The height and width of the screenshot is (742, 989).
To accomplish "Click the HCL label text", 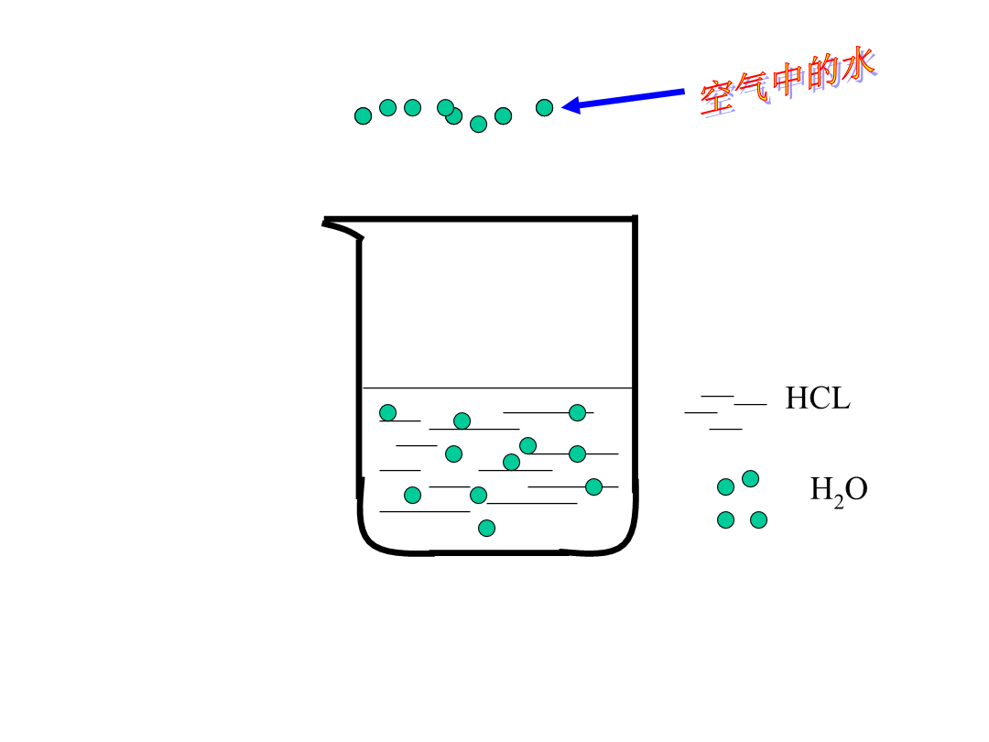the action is point(818,398).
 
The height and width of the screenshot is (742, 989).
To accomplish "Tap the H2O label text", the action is point(839,491).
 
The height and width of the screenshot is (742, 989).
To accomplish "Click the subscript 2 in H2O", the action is point(838,502).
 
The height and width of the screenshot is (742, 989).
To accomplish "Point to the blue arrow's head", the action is point(571,104).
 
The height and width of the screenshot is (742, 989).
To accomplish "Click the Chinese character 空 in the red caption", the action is point(718,98).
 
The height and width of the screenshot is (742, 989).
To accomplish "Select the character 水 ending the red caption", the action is point(857,64).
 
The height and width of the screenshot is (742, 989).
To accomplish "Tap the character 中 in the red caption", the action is point(788,80).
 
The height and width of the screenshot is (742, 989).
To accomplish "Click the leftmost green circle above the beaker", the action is point(363,116).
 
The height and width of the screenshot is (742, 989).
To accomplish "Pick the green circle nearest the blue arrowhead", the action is point(544,108).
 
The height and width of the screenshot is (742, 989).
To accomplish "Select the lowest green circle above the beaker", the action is point(478,125).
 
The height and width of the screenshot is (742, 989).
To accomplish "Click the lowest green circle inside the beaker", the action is point(486,529).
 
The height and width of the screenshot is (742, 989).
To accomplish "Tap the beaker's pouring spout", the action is point(342,228).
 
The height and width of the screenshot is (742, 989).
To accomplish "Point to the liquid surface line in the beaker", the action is point(497,388).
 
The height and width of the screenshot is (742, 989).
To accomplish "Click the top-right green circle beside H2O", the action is point(750,479).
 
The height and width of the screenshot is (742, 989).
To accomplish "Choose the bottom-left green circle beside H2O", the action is point(725,520).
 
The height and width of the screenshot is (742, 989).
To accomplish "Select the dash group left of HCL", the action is point(725,412).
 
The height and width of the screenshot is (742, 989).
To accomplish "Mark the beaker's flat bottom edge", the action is point(496,552).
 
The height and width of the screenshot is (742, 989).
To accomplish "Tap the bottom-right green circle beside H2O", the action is point(758,520).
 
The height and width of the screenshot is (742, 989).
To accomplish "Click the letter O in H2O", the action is point(856,489).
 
